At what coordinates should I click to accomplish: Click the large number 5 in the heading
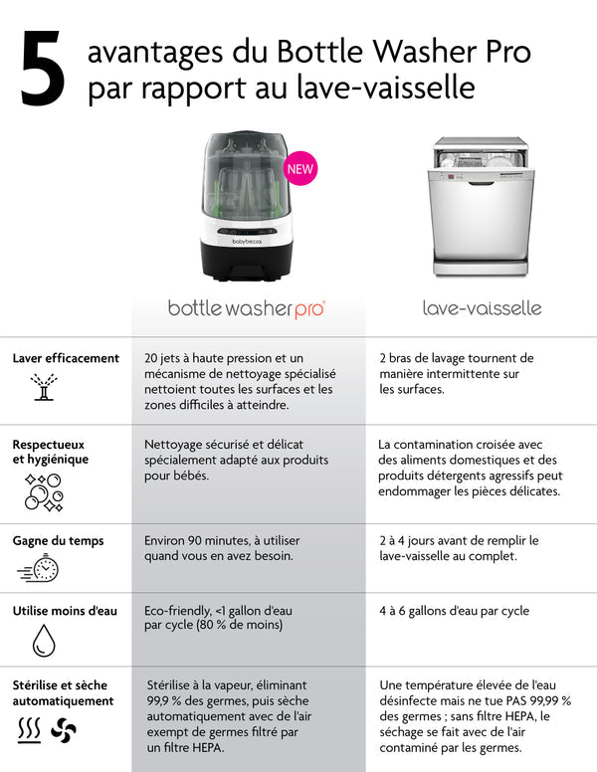[x=43, y=69]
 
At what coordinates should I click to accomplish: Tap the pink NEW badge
[x=300, y=168]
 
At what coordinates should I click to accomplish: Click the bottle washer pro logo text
[x=246, y=308]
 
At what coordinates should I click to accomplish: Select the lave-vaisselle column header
[x=482, y=308]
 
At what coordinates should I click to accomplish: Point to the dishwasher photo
[x=481, y=208]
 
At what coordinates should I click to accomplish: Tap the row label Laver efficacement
[x=66, y=358]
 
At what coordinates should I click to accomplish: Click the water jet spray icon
[x=43, y=388]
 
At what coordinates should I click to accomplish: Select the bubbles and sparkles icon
[x=43, y=492]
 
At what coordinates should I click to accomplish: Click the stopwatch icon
[x=39, y=569]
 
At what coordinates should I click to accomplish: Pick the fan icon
[x=64, y=731]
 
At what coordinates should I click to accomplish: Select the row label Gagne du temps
[x=58, y=540]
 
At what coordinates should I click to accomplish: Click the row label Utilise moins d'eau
[x=65, y=611]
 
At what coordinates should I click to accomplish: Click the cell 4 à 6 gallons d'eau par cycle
[x=454, y=611]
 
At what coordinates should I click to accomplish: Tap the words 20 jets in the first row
[x=165, y=358]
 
